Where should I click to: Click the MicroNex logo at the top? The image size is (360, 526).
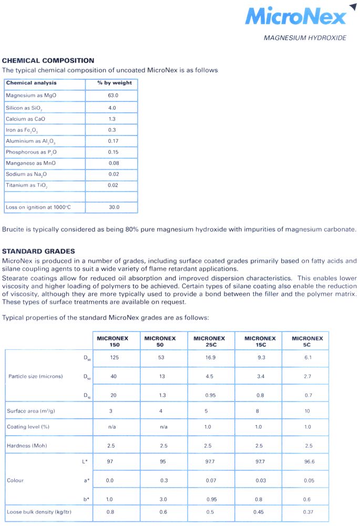coord(296,16)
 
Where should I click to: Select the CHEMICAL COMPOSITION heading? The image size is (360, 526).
coord(48,60)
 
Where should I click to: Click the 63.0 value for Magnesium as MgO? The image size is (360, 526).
coord(113,96)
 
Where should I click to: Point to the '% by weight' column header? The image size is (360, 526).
coord(115,83)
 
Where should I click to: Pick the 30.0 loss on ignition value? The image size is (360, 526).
coord(114,208)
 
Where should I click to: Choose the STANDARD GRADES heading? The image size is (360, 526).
coord(38,251)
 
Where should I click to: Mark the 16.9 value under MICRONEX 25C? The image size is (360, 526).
coord(209,357)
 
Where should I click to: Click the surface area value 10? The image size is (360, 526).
coord(307,411)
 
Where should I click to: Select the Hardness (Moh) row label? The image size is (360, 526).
coord(27,446)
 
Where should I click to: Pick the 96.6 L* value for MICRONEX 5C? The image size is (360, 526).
coord(308,461)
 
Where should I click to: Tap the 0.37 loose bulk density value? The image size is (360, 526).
coord(308,512)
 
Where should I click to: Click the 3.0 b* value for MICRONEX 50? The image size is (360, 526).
coord(162,499)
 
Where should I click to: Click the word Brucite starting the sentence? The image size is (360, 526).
coord(13,229)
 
